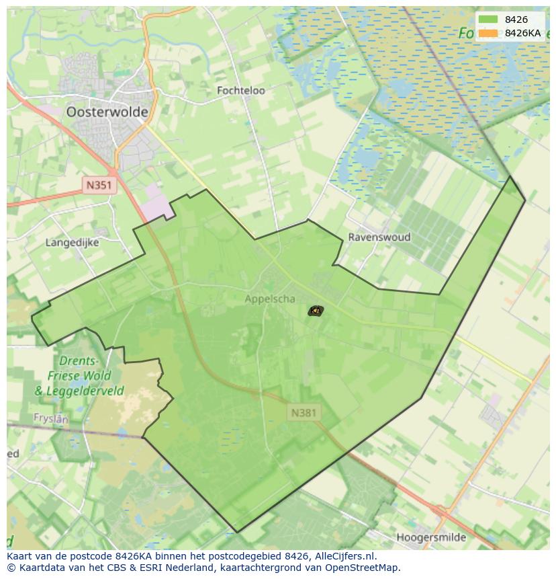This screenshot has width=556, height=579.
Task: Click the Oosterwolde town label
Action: point(107,112)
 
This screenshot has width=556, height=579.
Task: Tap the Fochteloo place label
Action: point(241,90)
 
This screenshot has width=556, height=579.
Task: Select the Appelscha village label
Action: point(270,299)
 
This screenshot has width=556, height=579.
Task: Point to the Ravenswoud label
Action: point(379,237)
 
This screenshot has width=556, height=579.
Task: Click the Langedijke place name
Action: point(72,242)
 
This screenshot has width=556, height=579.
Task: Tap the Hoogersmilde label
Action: point(441,537)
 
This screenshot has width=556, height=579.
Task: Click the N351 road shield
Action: point(100,185)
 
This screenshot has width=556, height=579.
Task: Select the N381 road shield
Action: point(304,412)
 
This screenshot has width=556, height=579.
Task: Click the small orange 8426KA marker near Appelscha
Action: point(315,310)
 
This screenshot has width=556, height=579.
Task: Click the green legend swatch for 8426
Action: point(488,20)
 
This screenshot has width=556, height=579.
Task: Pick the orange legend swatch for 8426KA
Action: point(488,33)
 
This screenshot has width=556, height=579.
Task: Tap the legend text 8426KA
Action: point(523,33)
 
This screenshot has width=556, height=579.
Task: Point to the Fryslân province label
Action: point(51,418)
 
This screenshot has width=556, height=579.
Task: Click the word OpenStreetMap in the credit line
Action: point(367,568)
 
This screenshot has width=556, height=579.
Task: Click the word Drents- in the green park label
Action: point(78,361)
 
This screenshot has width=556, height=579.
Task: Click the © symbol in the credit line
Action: point(11,568)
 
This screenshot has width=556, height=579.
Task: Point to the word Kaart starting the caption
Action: point(20,556)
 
